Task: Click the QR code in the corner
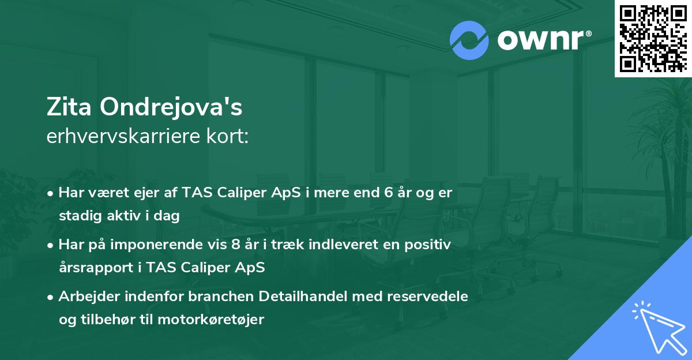tap(653, 39)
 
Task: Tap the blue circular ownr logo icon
tap(469, 40)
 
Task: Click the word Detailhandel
tap(299, 297)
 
